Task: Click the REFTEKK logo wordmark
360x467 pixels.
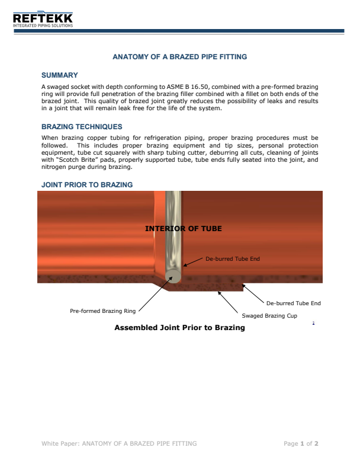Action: [43, 18]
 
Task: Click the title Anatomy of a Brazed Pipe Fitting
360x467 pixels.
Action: [179, 57]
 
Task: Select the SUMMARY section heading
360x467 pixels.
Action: [59, 75]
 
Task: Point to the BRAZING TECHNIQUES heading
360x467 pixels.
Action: [82, 127]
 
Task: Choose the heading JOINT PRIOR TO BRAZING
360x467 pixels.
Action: [86, 185]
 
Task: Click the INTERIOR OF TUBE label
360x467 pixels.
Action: [184, 228]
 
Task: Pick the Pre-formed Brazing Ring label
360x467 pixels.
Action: [103, 311]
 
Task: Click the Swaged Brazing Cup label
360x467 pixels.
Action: [269, 316]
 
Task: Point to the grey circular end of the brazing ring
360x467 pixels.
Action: [173, 276]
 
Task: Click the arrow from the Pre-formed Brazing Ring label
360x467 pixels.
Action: [151, 296]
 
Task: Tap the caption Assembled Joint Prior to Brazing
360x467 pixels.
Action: [179, 328]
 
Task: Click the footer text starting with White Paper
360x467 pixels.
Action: [119, 443]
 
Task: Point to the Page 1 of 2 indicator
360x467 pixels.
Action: [301, 443]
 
